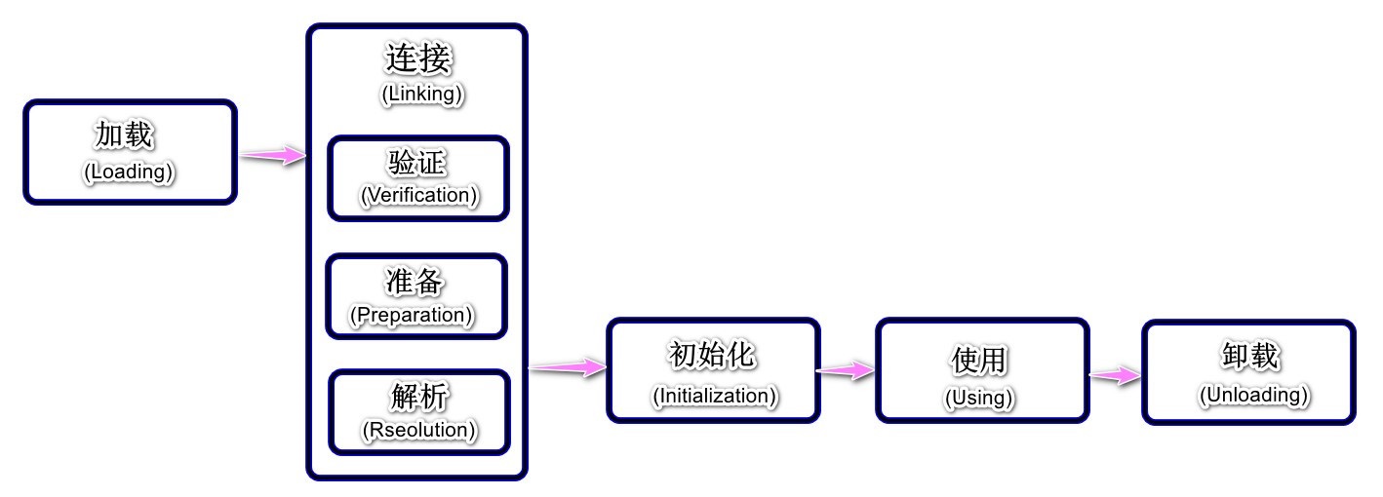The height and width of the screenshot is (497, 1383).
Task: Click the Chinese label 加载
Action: (x=125, y=134)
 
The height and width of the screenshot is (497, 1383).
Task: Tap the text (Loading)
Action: (x=129, y=172)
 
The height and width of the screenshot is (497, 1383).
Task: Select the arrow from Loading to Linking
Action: (x=273, y=154)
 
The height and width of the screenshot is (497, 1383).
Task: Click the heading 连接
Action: (x=418, y=59)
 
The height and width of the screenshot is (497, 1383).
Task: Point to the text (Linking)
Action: (x=420, y=95)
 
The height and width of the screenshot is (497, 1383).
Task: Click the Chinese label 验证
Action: (x=418, y=162)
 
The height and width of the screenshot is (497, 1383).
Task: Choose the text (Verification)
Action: (x=419, y=195)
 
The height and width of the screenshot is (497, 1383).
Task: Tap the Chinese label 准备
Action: (x=415, y=282)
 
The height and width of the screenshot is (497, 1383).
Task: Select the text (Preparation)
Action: (x=412, y=316)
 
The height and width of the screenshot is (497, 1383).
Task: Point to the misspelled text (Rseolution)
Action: (x=419, y=429)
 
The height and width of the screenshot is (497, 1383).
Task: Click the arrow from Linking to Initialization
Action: (x=567, y=366)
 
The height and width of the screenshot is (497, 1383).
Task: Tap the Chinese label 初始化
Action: (x=712, y=356)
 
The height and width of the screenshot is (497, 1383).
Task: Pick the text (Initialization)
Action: (x=714, y=396)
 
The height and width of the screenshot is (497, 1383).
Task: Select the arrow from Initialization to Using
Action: (x=847, y=370)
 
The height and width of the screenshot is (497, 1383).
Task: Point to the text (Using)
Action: (x=979, y=398)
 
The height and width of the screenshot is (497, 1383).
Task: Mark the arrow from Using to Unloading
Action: (x=1115, y=375)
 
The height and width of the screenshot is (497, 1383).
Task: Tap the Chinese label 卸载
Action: (x=1249, y=357)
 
